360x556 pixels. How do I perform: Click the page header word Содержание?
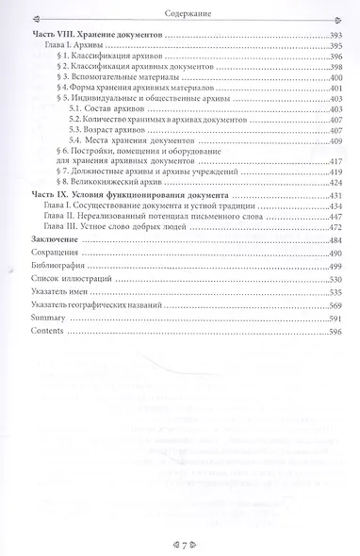tap(179, 12)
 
